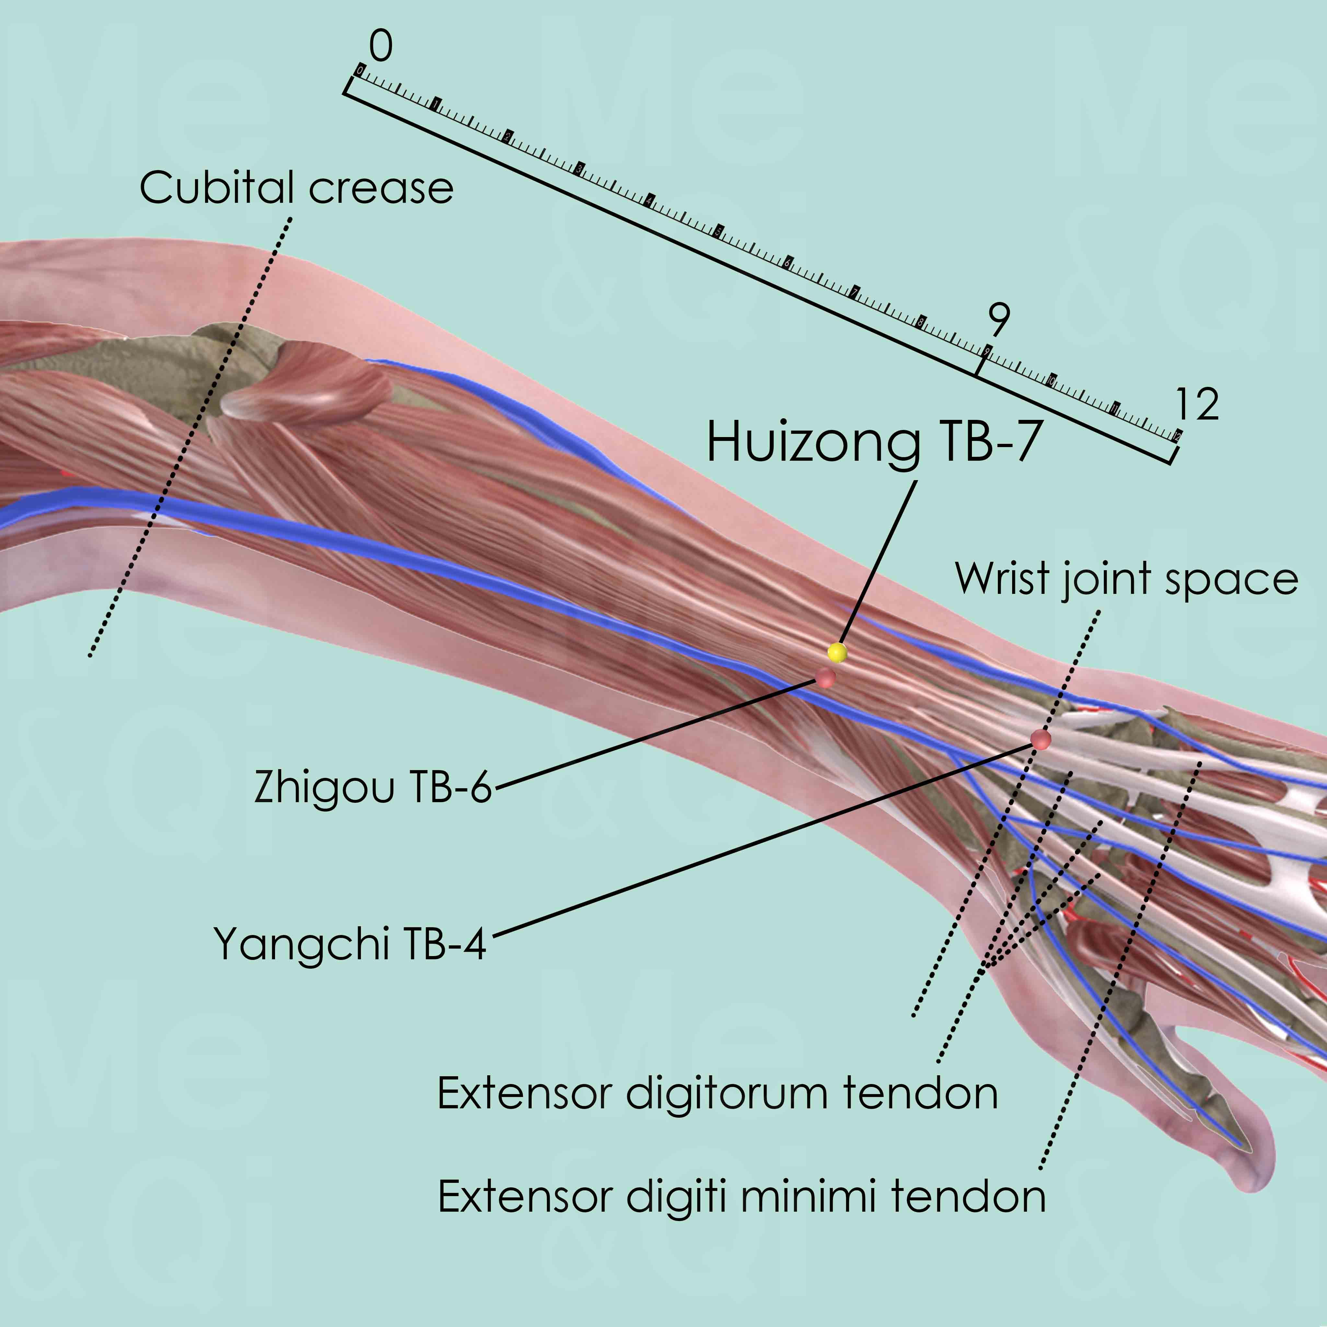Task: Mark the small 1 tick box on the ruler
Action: tap(435, 104)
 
